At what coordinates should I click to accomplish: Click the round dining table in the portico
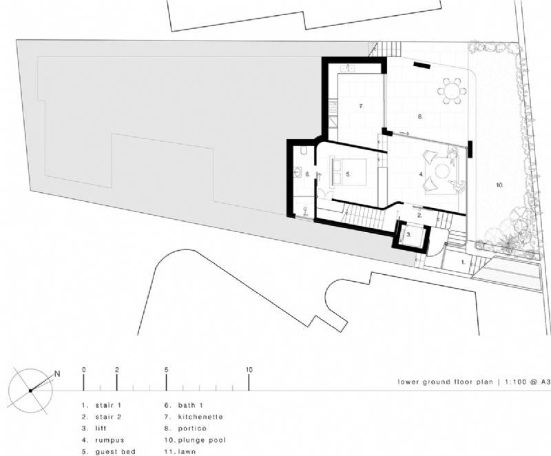click(453, 90)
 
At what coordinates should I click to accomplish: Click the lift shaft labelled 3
click(408, 235)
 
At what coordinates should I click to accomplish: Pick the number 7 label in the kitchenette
click(360, 107)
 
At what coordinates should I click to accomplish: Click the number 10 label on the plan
click(499, 185)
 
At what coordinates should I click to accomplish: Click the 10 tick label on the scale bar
click(249, 370)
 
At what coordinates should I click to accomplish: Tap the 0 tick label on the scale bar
click(83, 370)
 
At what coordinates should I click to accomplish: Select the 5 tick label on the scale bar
click(166, 370)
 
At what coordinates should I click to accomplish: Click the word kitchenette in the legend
click(200, 417)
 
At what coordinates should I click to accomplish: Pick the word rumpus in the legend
click(109, 439)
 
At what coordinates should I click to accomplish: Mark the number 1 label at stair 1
click(462, 263)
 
